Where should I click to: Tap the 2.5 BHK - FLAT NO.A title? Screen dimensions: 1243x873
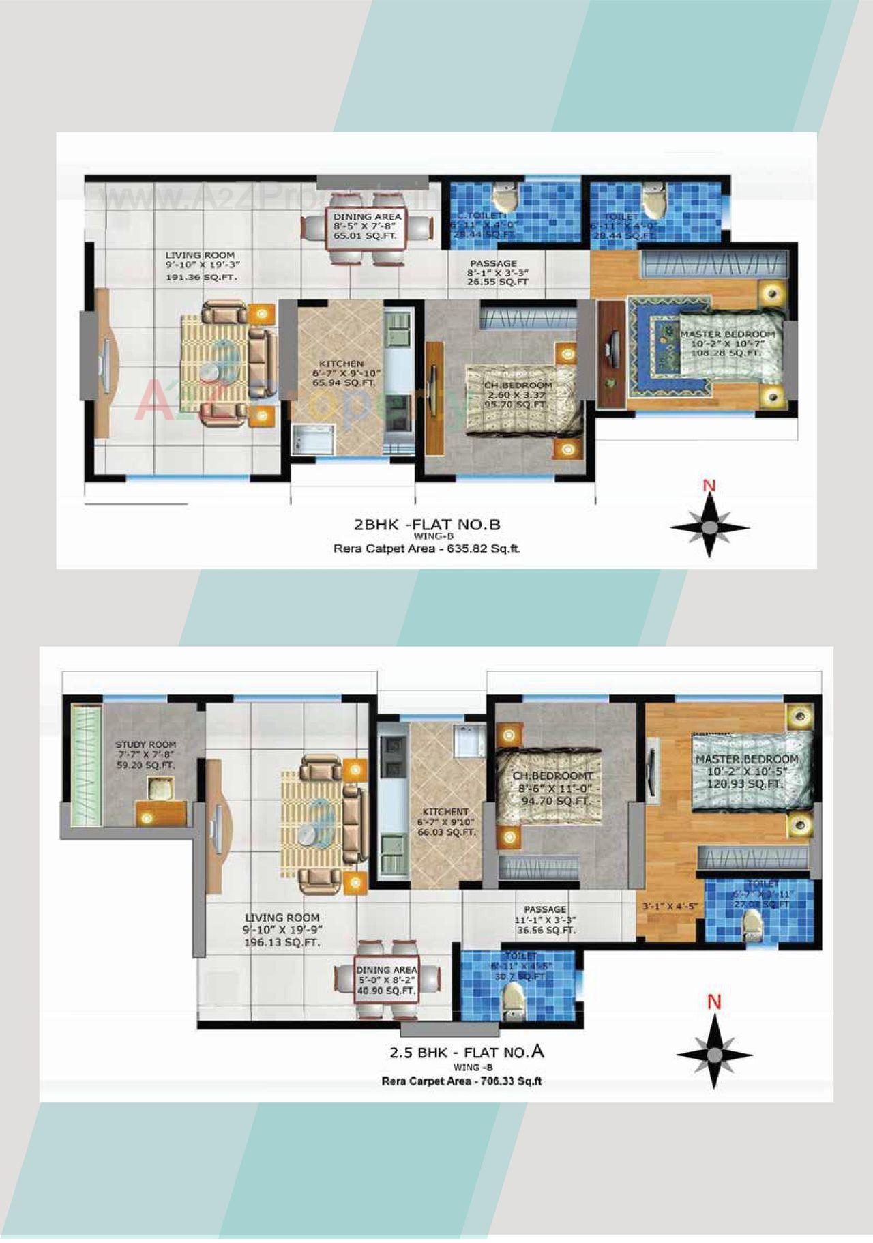(467, 1052)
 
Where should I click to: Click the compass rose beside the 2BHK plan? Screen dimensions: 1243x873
(709, 527)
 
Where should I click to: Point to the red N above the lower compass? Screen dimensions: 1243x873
(714, 1001)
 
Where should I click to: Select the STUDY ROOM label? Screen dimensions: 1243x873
(145, 755)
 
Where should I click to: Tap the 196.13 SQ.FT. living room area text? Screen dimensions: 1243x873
(282, 942)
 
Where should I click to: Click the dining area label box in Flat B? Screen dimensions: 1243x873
(367, 226)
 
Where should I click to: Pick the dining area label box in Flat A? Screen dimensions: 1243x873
(386, 980)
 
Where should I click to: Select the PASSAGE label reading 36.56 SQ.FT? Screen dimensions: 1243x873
(545, 919)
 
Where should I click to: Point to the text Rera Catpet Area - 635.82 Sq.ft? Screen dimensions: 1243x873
(426, 548)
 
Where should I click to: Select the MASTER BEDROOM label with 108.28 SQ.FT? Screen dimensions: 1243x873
(727, 343)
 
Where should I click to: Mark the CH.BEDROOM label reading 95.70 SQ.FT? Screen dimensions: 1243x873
(509, 394)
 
